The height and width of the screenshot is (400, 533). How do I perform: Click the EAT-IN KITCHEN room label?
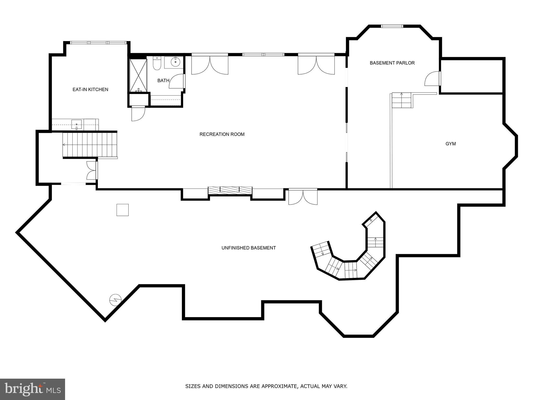click(90, 90)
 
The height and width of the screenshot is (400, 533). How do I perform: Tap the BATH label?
click(163, 81)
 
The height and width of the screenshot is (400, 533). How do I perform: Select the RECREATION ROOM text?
click(222, 134)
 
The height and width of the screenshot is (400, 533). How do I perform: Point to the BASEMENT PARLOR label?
click(392, 63)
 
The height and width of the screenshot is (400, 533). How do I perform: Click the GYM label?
click(450, 144)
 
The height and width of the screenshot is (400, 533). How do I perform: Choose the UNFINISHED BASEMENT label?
click(249, 248)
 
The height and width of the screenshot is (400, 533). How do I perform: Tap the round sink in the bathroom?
click(176, 62)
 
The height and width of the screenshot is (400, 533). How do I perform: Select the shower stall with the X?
click(138, 76)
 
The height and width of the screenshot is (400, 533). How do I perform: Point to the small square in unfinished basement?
click(122, 210)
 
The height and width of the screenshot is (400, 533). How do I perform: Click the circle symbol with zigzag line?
click(115, 300)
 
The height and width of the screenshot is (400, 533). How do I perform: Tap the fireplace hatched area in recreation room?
click(230, 190)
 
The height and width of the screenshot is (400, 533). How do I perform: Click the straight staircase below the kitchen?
click(90, 145)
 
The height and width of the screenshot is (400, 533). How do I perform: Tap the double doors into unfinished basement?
click(303, 197)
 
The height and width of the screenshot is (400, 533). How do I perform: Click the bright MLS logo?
click(32, 389)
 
